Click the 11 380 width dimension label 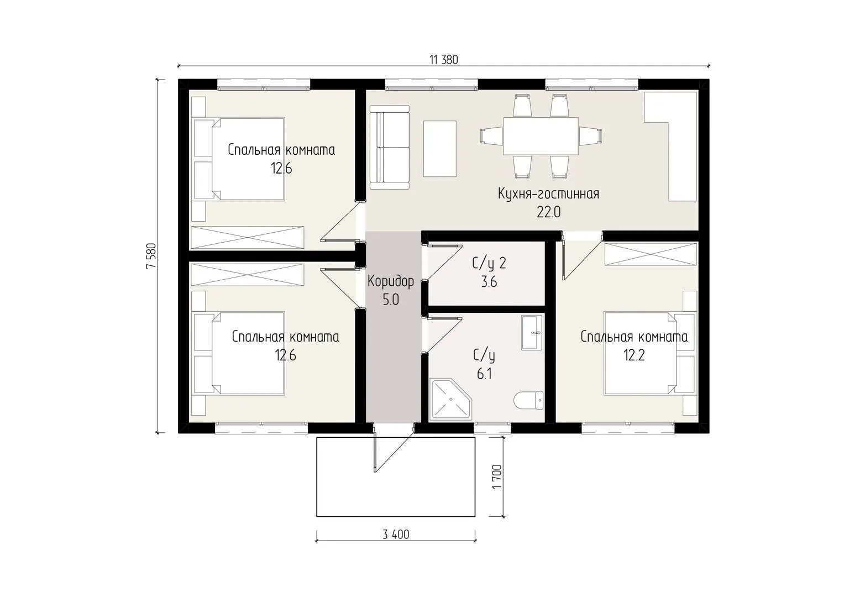pyautogui.click(x=444, y=60)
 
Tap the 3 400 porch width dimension pyautogui.click(x=396, y=535)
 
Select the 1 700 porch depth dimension pyautogui.click(x=497, y=476)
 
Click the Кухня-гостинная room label pyautogui.click(x=548, y=194)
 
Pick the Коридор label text pyautogui.click(x=391, y=281)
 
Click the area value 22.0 pyautogui.click(x=549, y=213)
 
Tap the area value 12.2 pyautogui.click(x=634, y=355)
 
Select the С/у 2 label pyautogui.click(x=489, y=264)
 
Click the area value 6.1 pyautogui.click(x=484, y=374)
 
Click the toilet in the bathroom pyautogui.click(x=529, y=401)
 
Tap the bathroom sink pyautogui.click(x=532, y=333)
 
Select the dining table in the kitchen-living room pyautogui.click(x=541, y=136)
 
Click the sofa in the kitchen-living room pyautogui.click(x=389, y=147)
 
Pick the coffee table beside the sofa pyautogui.click(x=440, y=149)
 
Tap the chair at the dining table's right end pyautogui.click(x=590, y=136)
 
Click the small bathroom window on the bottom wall pyautogui.click(x=492, y=428)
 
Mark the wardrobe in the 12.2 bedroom pyautogui.click(x=651, y=254)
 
